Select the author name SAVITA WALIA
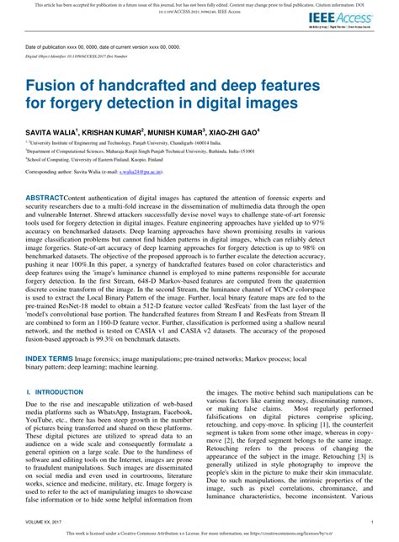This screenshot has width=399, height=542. point(51,132)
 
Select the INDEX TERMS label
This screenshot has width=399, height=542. point(50,357)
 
